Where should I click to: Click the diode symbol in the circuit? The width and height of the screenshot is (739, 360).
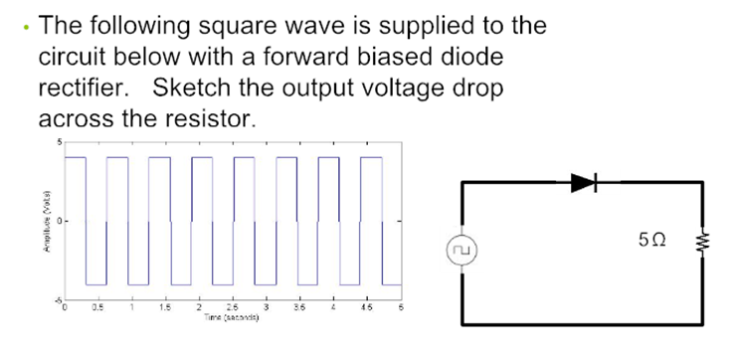[583, 182]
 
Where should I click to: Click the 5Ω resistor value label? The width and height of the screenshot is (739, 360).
[654, 239]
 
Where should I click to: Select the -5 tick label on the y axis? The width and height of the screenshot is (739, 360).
[56, 297]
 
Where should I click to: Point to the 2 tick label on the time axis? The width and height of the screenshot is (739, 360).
[199, 306]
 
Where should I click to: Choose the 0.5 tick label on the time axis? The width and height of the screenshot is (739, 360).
[97, 306]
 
